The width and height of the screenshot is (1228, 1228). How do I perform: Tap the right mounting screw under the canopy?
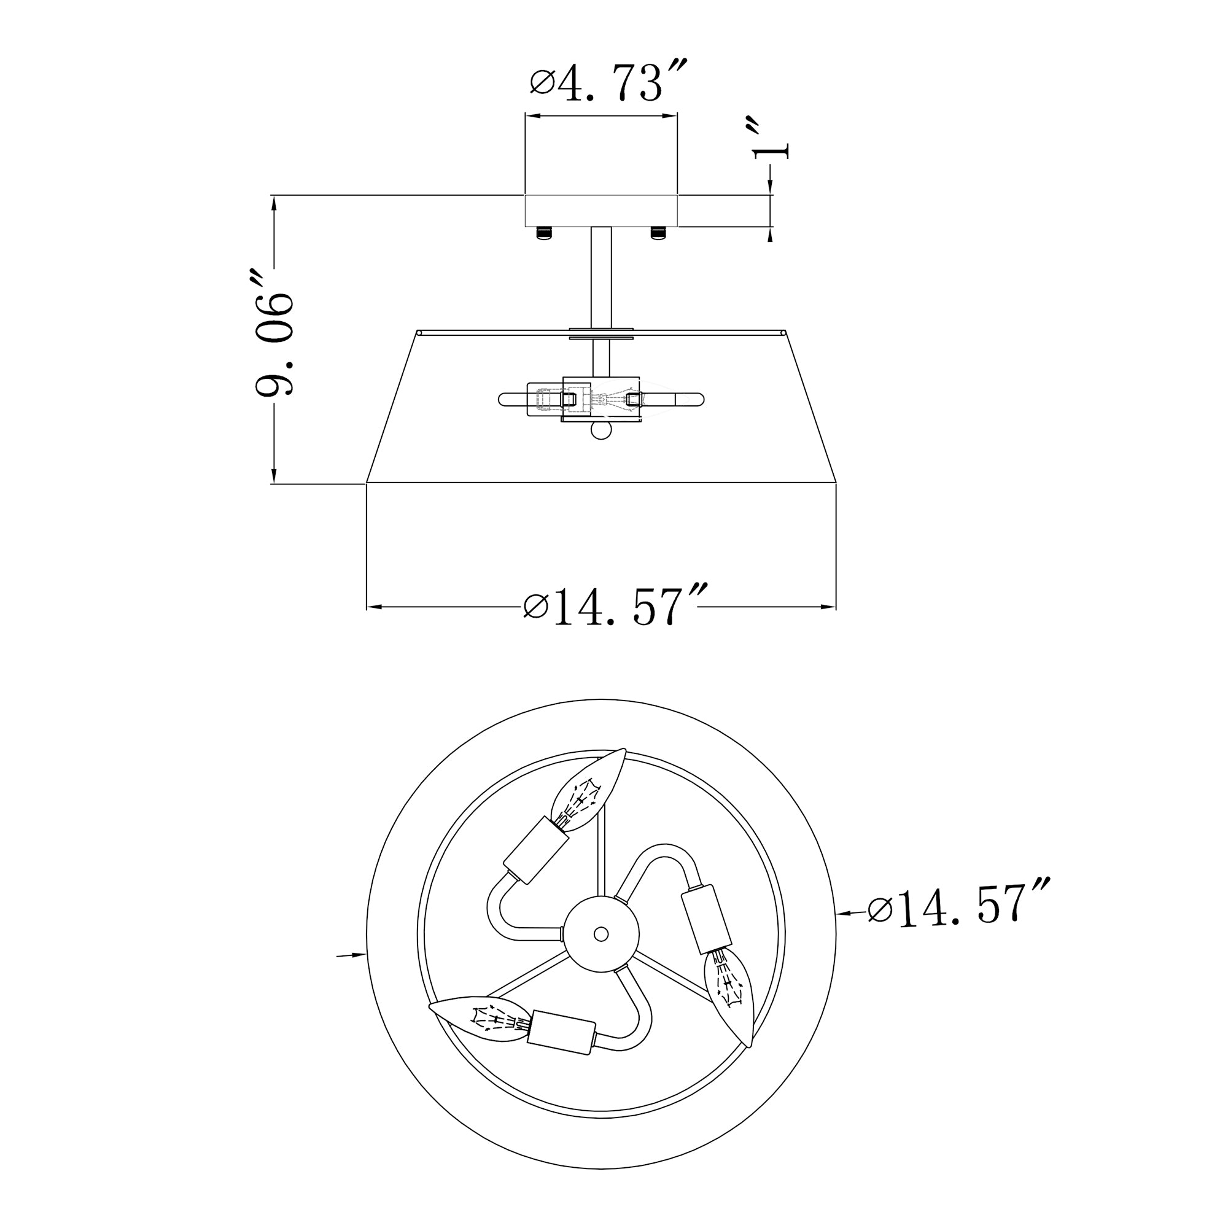(x=658, y=233)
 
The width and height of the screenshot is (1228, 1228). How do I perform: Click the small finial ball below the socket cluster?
(x=600, y=432)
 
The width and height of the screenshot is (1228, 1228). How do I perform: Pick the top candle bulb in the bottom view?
(x=586, y=791)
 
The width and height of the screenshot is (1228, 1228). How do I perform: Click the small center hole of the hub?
(x=600, y=935)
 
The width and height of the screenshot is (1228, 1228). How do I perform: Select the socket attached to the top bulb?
(x=536, y=851)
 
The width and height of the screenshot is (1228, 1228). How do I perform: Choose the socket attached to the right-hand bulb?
(x=706, y=919)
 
